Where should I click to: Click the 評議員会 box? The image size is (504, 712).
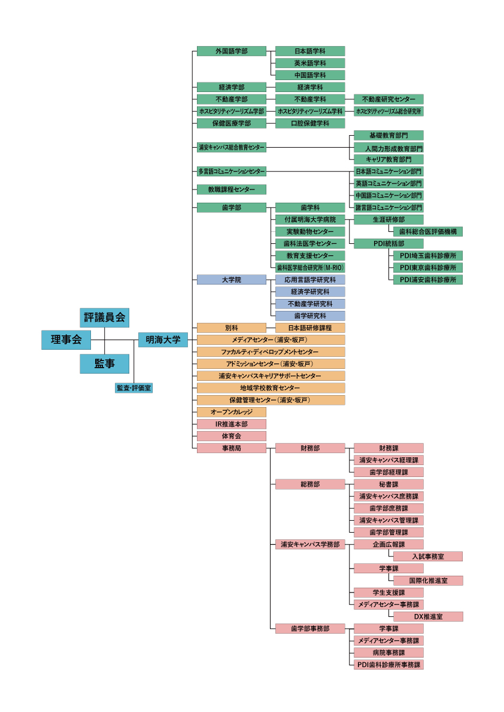click(x=105, y=317)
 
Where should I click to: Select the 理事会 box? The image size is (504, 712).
click(x=66, y=340)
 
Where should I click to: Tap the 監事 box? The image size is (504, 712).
click(x=105, y=363)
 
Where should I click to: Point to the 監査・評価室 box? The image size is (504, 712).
click(x=133, y=388)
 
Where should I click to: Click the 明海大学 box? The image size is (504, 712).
click(x=163, y=340)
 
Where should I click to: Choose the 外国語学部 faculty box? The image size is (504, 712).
click(x=231, y=51)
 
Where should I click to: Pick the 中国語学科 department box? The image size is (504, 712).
click(x=310, y=75)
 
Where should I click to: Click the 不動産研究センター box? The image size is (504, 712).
click(x=388, y=99)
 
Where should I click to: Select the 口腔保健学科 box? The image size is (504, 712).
click(x=310, y=123)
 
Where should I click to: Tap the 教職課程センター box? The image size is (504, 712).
click(x=231, y=190)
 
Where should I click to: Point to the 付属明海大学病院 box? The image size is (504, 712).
click(x=310, y=219)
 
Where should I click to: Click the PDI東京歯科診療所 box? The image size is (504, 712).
click(x=428, y=267)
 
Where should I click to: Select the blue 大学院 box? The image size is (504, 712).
click(x=231, y=280)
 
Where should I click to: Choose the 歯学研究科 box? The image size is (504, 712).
click(x=310, y=316)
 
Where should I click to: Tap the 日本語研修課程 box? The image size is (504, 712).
click(x=310, y=328)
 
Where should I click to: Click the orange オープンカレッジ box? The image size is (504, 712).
click(x=231, y=412)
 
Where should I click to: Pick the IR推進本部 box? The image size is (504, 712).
click(x=231, y=424)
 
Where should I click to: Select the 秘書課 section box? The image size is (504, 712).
click(x=388, y=484)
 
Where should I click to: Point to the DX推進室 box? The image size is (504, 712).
click(x=428, y=616)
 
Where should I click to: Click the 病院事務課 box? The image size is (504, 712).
click(x=388, y=652)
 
